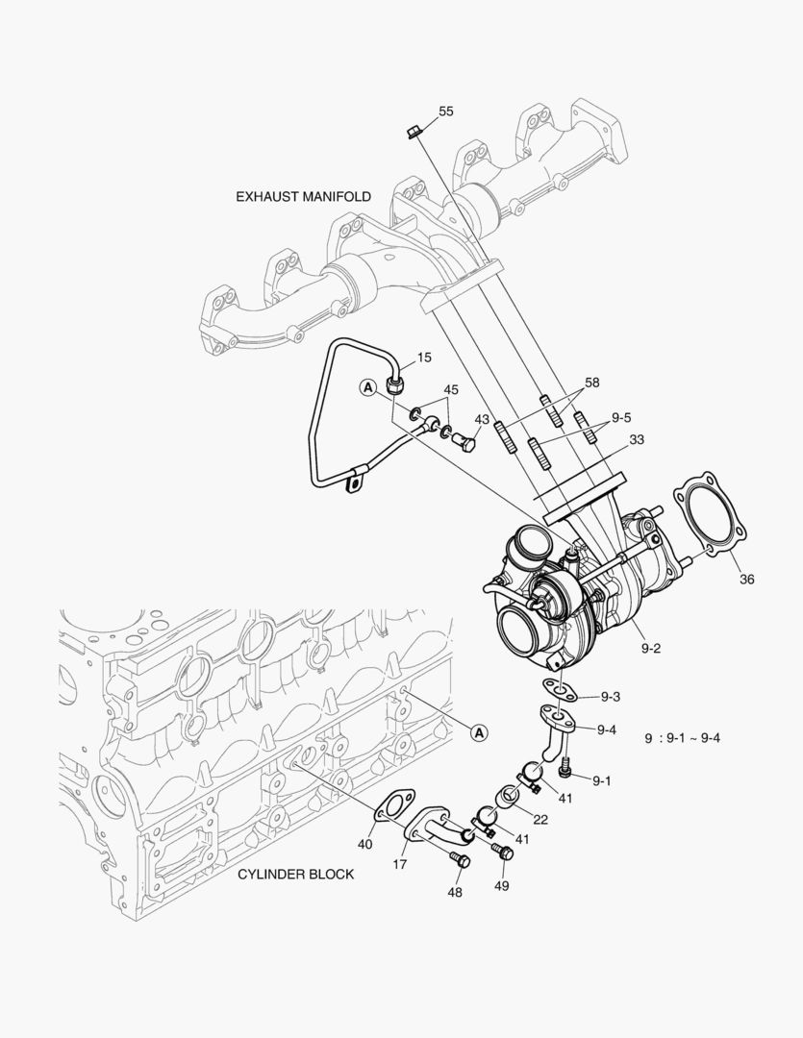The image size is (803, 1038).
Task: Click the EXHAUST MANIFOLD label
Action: point(303,196)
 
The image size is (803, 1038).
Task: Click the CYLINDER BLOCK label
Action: point(295,874)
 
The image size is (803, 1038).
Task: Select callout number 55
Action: point(446,111)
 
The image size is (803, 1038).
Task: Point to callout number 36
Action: point(747,579)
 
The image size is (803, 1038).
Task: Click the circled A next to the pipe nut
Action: point(367,387)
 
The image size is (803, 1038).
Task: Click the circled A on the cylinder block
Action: point(479,733)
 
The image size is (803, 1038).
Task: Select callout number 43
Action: point(482,420)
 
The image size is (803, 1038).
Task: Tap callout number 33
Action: point(637,440)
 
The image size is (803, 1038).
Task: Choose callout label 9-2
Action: point(651,648)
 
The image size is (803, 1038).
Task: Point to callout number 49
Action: point(501,885)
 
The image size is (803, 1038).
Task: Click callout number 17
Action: point(400,864)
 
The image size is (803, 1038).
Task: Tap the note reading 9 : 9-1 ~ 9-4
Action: point(683,738)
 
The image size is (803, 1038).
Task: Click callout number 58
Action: point(591,383)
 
